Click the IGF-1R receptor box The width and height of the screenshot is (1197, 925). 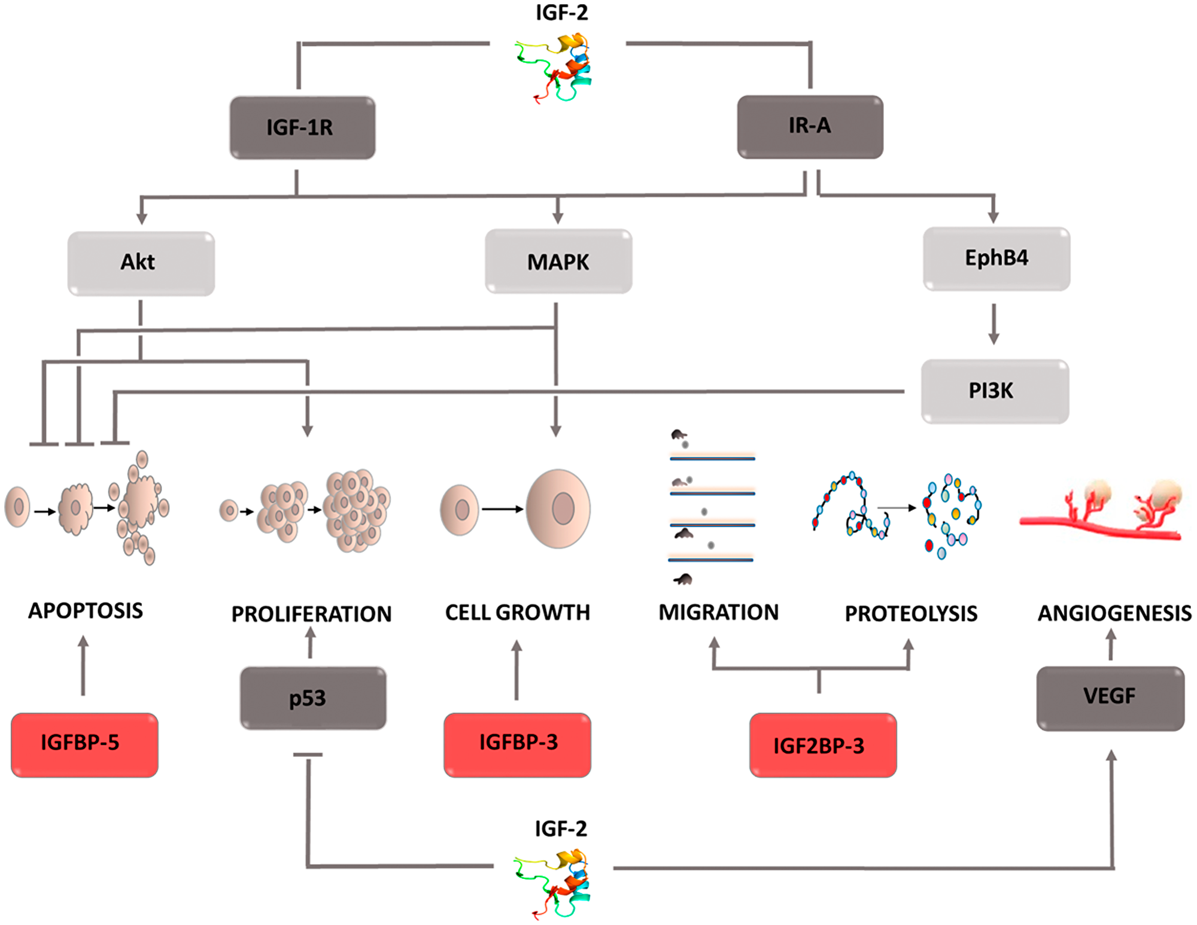click(x=302, y=127)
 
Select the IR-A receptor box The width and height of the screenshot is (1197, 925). click(x=810, y=126)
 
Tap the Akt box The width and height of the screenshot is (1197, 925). click(x=141, y=263)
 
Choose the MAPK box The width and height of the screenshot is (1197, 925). click(x=558, y=261)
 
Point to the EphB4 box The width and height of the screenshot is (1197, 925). click(x=996, y=258)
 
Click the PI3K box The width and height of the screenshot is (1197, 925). click(x=994, y=391)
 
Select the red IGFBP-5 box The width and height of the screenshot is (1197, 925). click(x=84, y=744)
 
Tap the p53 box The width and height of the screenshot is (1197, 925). click(x=312, y=698)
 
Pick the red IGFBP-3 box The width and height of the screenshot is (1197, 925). click(x=517, y=744)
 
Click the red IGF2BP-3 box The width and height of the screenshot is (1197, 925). click(x=822, y=745)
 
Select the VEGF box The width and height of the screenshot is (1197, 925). click(x=1110, y=698)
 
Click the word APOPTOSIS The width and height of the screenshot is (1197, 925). click(x=86, y=611)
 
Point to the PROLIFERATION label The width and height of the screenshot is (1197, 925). click(x=311, y=614)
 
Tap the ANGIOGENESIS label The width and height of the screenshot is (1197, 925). click(x=1114, y=613)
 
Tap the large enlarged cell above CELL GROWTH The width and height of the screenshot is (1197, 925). click(x=558, y=509)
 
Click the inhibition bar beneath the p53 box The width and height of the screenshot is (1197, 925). click(x=308, y=755)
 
